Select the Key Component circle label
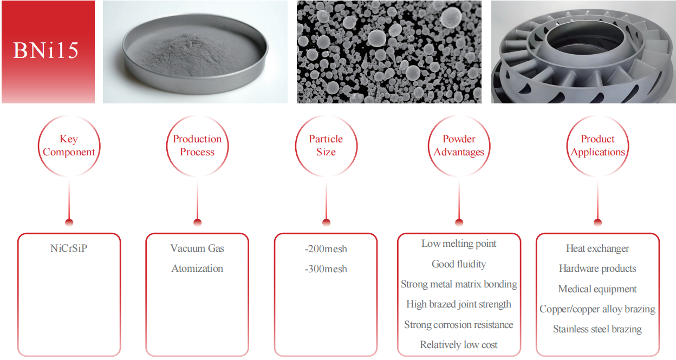[x=69, y=146]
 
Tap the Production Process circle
[x=197, y=146]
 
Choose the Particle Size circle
[x=326, y=146]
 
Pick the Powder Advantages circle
[x=459, y=146]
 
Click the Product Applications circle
[x=597, y=146]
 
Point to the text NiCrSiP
[x=69, y=248]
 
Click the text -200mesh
[x=326, y=249]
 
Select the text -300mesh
[x=326, y=269]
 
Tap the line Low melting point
[x=459, y=244]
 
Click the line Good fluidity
[x=459, y=264]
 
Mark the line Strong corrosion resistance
[x=459, y=325]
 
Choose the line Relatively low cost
[x=459, y=345]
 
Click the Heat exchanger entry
[x=597, y=248]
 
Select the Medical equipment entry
[x=597, y=289]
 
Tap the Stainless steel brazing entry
[x=597, y=329]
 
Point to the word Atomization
[x=197, y=269]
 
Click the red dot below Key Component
[x=69, y=222]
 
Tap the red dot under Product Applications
[x=597, y=222]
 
